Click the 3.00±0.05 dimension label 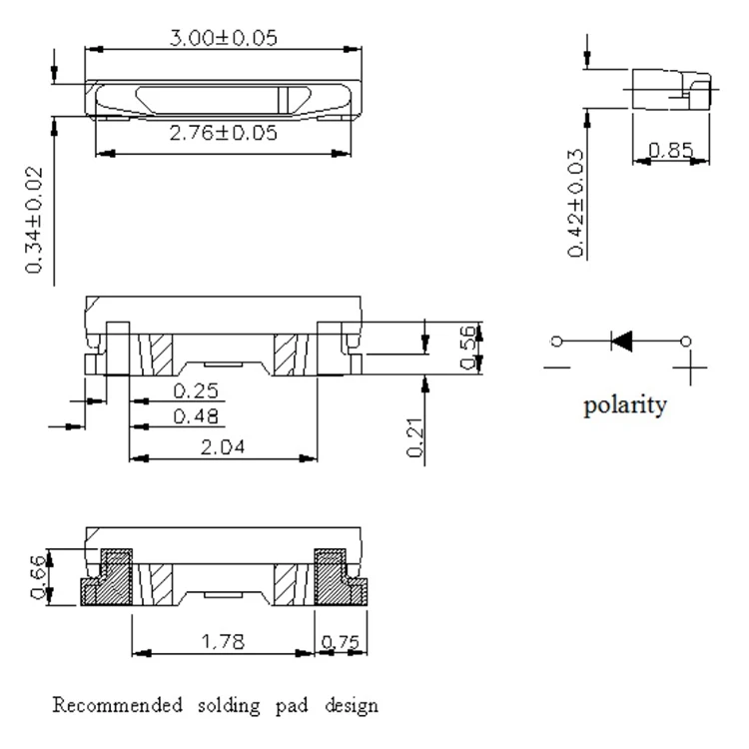(x=223, y=38)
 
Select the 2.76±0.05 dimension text (x=223, y=133)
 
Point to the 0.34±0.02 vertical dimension (x=34, y=221)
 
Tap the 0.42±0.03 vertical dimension (x=575, y=204)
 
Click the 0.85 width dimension (x=671, y=151)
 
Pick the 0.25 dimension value (x=196, y=391)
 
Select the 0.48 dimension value (x=196, y=416)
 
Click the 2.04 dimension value (x=223, y=447)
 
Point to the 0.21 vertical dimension (x=415, y=437)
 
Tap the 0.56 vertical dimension (x=468, y=348)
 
